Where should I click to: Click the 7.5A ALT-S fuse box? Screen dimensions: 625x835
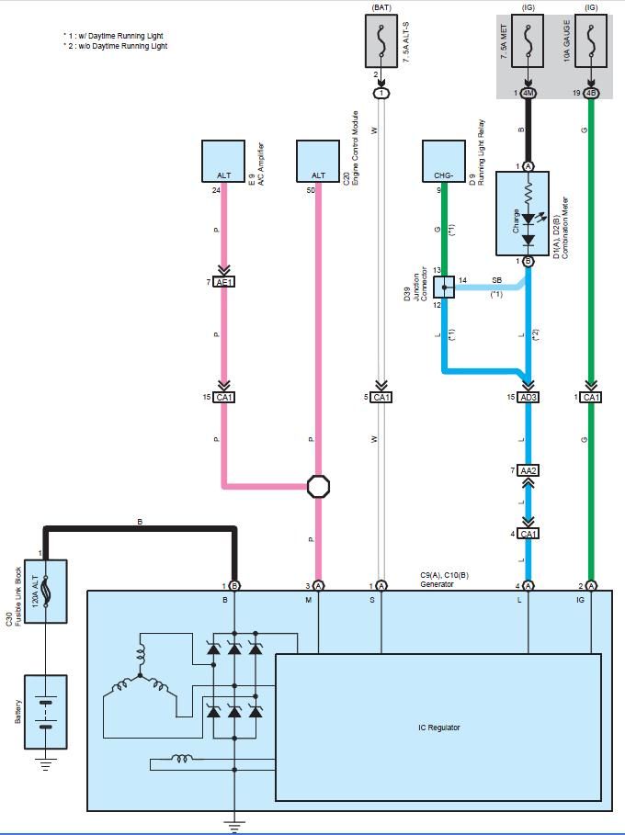click(x=381, y=41)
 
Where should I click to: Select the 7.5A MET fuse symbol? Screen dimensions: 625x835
click(x=528, y=41)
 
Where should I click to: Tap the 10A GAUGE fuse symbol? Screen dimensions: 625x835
click(x=590, y=41)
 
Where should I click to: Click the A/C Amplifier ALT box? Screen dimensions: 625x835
click(x=223, y=162)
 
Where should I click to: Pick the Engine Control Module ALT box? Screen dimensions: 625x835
click(x=318, y=162)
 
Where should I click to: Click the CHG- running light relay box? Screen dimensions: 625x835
click(x=444, y=162)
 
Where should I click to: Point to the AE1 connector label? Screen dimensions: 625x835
click(x=223, y=282)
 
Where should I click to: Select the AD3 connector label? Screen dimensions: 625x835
click(x=528, y=397)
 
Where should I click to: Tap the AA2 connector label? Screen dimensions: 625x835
click(x=528, y=470)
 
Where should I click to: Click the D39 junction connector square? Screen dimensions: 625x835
click(x=444, y=287)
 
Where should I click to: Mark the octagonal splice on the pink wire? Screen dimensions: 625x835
click(x=318, y=486)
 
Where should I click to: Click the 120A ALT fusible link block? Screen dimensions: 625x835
click(x=46, y=591)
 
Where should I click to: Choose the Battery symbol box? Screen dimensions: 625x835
click(x=46, y=712)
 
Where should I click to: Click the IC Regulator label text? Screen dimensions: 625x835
click(x=439, y=728)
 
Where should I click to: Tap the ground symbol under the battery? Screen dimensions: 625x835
click(x=46, y=763)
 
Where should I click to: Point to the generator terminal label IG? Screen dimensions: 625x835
click(x=580, y=600)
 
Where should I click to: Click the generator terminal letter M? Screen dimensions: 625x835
click(x=308, y=600)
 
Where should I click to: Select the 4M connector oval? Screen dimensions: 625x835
click(x=528, y=93)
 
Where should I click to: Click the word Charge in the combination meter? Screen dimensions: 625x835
click(x=516, y=221)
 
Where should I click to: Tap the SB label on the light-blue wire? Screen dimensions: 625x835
click(x=496, y=280)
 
